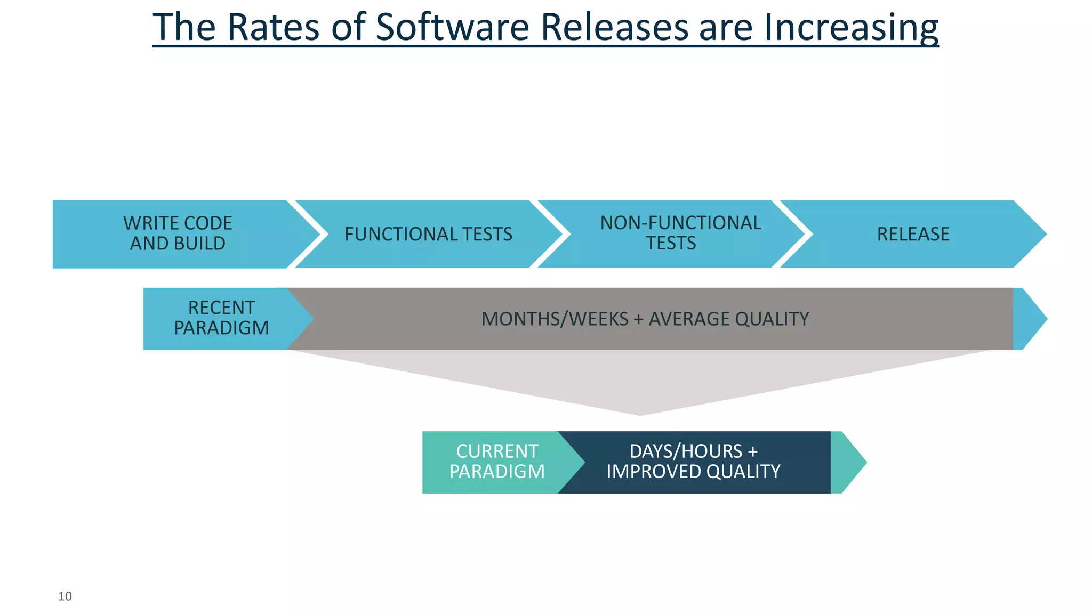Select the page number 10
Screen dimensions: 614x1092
pyautogui.click(x=65, y=596)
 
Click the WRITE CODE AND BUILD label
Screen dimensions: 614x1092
pyautogui.click(x=178, y=233)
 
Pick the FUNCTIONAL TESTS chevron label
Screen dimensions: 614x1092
pyautogui.click(x=428, y=234)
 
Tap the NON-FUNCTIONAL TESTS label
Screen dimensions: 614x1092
pyautogui.click(x=680, y=233)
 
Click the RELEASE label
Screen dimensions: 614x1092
pyautogui.click(x=913, y=234)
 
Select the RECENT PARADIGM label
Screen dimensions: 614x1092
pyautogui.click(x=221, y=318)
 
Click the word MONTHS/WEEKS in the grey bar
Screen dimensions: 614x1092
pyautogui.click(x=555, y=319)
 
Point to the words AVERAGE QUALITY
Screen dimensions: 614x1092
pyautogui.click(x=728, y=319)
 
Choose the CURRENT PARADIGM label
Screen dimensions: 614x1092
pyautogui.click(x=496, y=462)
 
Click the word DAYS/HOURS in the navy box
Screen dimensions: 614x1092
pyautogui.click(x=686, y=451)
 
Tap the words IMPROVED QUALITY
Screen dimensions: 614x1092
pyautogui.click(x=693, y=472)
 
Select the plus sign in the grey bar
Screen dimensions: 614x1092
pyautogui.click(x=638, y=319)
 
